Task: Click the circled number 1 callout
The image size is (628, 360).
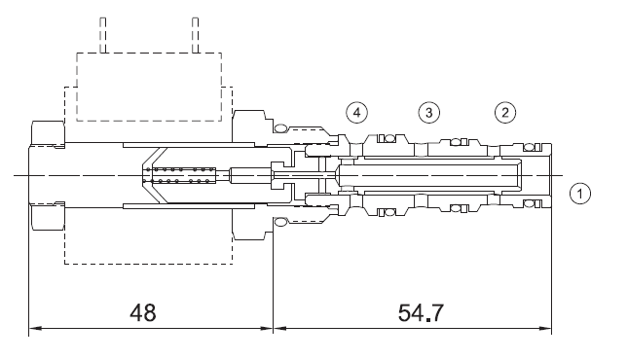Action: [x=579, y=194]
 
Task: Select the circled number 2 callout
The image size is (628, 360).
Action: [x=505, y=113]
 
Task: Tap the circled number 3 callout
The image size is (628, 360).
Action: [x=429, y=113]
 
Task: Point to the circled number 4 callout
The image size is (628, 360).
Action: [x=357, y=113]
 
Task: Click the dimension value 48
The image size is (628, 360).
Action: [x=143, y=312]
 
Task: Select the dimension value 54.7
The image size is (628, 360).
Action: [x=421, y=312]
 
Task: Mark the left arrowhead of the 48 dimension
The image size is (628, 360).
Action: [x=35, y=328]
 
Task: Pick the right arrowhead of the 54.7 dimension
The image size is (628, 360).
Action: [x=545, y=328]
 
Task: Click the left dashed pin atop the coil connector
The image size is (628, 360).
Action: [x=103, y=35]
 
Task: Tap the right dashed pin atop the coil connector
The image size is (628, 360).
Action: [x=195, y=35]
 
